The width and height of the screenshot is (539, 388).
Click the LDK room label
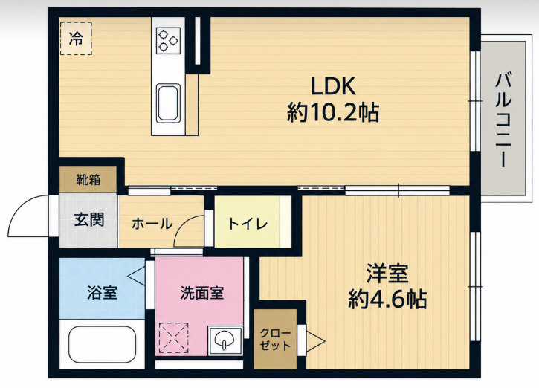click(333, 86)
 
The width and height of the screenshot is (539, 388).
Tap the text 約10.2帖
click(333, 112)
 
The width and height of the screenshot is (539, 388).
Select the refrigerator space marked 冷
click(76, 38)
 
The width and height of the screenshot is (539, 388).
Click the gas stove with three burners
click(169, 41)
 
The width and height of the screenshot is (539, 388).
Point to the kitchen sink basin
click(168, 103)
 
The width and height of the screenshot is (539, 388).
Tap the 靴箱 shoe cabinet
click(88, 179)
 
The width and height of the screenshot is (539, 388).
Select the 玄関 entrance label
click(89, 220)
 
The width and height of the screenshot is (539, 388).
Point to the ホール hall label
click(152, 224)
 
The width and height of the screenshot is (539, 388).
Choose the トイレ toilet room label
click(248, 224)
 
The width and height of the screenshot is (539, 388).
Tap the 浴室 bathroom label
click(102, 292)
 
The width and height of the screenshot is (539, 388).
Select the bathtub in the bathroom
click(102, 344)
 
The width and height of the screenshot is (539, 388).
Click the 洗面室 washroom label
click(202, 293)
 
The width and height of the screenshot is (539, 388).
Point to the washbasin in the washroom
click(225, 341)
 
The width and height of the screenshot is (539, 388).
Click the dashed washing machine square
click(173, 338)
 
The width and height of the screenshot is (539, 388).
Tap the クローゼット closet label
click(275, 339)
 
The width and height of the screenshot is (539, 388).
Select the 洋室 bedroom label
click(387, 274)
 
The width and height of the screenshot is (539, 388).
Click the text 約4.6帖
click(387, 299)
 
